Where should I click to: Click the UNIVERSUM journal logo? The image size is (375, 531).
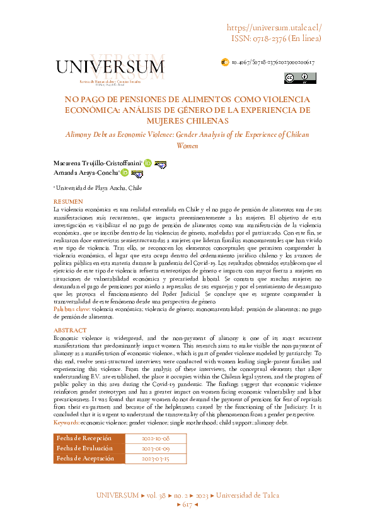click(110, 67)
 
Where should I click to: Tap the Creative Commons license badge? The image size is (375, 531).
click(300, 78)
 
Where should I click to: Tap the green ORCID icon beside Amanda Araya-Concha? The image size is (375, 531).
click(125, 173)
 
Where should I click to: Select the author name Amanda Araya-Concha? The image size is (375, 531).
click(86, 173)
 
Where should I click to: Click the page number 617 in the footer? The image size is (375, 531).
click(187, 487)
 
